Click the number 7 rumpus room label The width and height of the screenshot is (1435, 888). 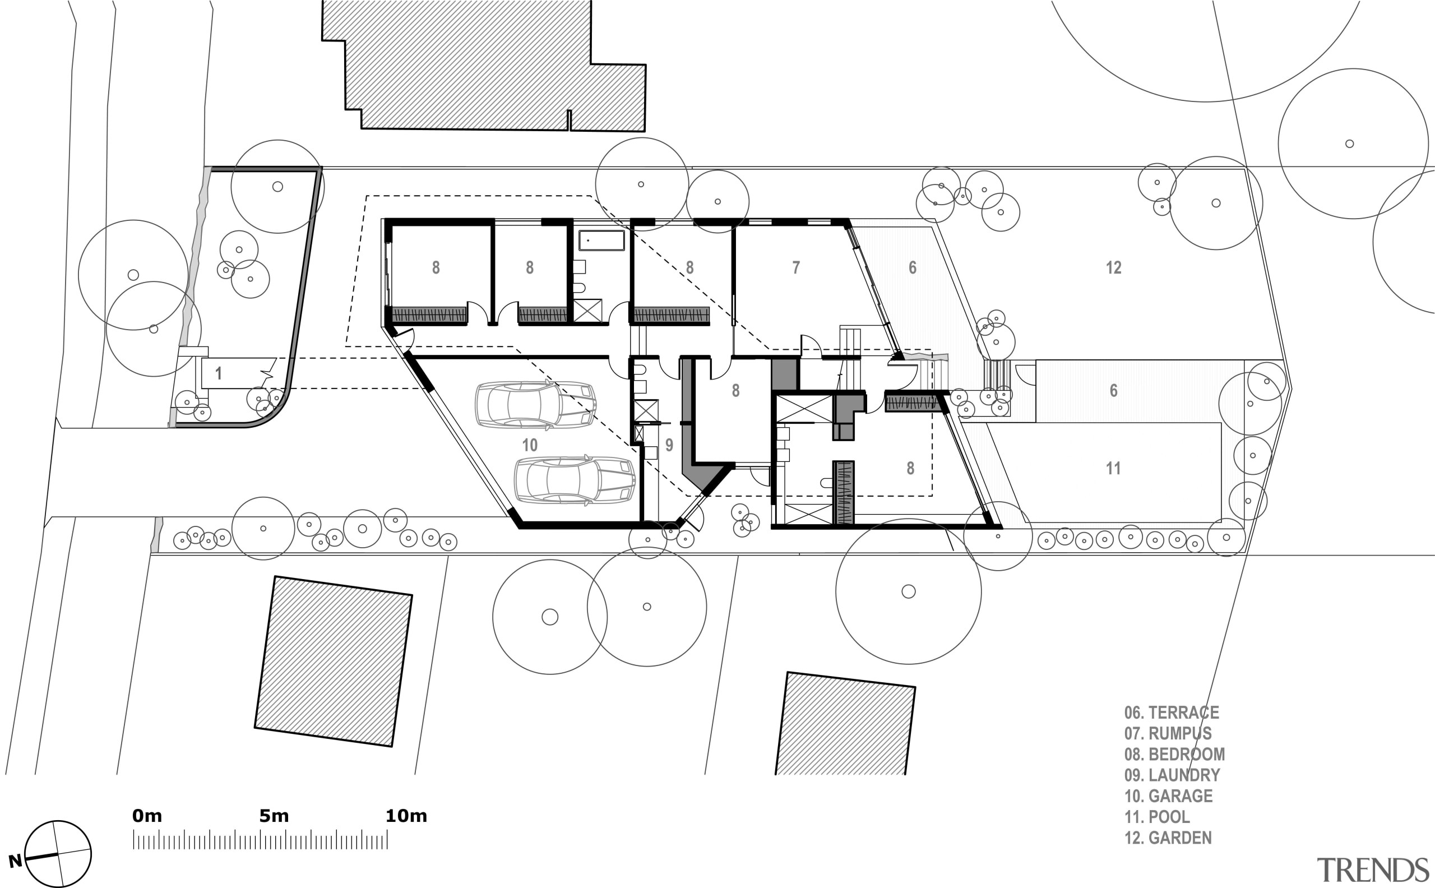[795, 268]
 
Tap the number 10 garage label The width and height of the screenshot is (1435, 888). [530, 445]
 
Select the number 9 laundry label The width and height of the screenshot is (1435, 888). [669, 445]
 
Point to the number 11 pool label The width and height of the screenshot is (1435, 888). [1113, 469]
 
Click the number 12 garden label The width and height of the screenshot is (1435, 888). [1113, 268]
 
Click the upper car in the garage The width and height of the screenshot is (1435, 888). [535, 405]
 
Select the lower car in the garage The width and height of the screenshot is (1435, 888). [575, 480]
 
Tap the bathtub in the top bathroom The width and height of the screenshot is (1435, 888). [602, 241]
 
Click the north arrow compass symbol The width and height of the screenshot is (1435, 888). [58, 854]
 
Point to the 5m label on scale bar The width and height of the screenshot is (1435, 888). [274, 816]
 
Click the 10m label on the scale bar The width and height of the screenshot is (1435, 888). [406, 816]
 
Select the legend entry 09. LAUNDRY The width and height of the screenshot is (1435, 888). [1172, 775]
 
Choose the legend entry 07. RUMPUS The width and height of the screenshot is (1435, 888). [1168, 733]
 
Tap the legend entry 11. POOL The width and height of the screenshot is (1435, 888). [1157, 817]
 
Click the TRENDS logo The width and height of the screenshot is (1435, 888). [1372, 870]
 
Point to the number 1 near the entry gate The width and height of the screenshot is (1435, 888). [219, 373]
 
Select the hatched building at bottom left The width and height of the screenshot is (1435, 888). [333, 662]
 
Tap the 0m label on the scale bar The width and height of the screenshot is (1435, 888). [147, 816]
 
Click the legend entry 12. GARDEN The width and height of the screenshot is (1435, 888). [1168, 838]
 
